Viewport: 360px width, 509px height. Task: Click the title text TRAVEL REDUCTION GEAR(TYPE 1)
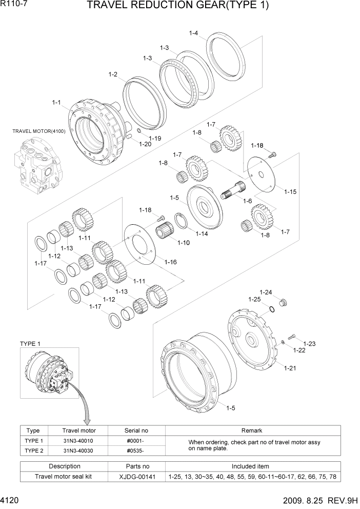(x=178, y=6)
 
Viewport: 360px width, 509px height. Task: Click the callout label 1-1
(x=56, y=102)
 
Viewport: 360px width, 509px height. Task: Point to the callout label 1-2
(x=113, y=74)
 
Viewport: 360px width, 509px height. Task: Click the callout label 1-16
(x=171, y=262)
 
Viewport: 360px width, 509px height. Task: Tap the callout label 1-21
(x=291, y=367)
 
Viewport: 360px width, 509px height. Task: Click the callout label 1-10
(x=183, y=242)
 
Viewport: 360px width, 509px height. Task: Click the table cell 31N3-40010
(x=78, y=441)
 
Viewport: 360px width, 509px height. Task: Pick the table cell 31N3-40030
(x=78, y=451)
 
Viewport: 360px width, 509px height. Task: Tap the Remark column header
(x=251, y=430)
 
